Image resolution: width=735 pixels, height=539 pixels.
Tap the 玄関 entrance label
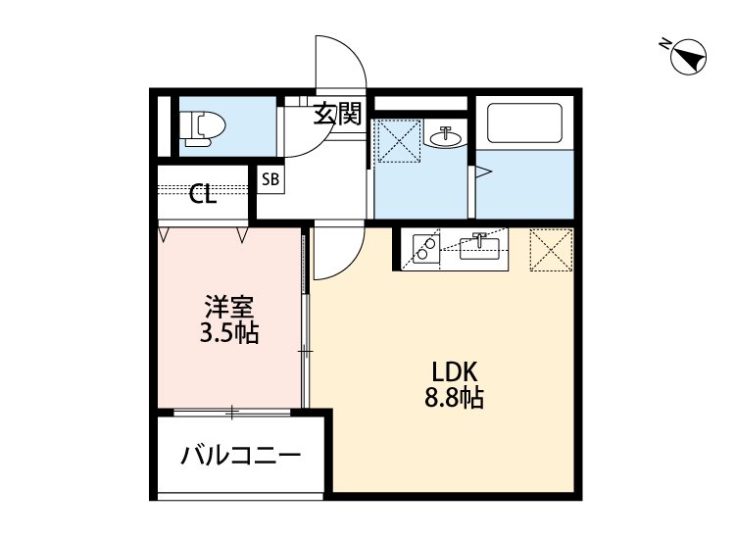pos(338,115)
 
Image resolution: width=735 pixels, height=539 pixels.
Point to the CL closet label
pos(203,195)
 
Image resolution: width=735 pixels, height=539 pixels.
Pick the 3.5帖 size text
pos(228,333)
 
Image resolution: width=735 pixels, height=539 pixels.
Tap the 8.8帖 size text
pos(454,399)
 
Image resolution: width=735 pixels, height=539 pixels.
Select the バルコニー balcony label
pos(240,456)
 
